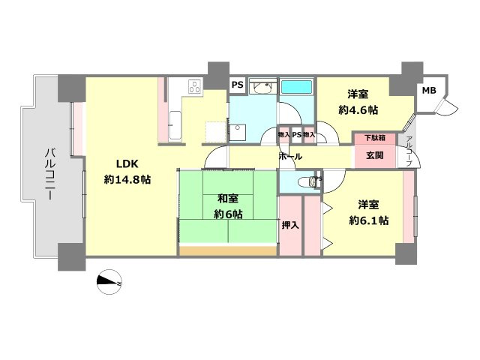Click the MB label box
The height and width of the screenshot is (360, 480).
pos(427,91)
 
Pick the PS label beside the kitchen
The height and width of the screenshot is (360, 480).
pos(237,85)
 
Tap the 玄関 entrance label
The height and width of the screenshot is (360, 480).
pos(374,155)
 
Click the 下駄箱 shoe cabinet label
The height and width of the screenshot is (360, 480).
pos(375,139)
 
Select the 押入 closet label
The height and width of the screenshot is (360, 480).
pos(290,224)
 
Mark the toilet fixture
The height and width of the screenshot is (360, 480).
pos(307,181)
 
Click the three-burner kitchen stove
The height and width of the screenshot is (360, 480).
pos(193,87)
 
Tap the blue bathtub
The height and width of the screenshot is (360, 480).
pos(298,87)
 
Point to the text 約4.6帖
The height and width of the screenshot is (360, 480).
pos(358,110)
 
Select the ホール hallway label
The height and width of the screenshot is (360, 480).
pos(290,157)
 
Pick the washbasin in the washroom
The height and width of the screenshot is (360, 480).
pos(262,89)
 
